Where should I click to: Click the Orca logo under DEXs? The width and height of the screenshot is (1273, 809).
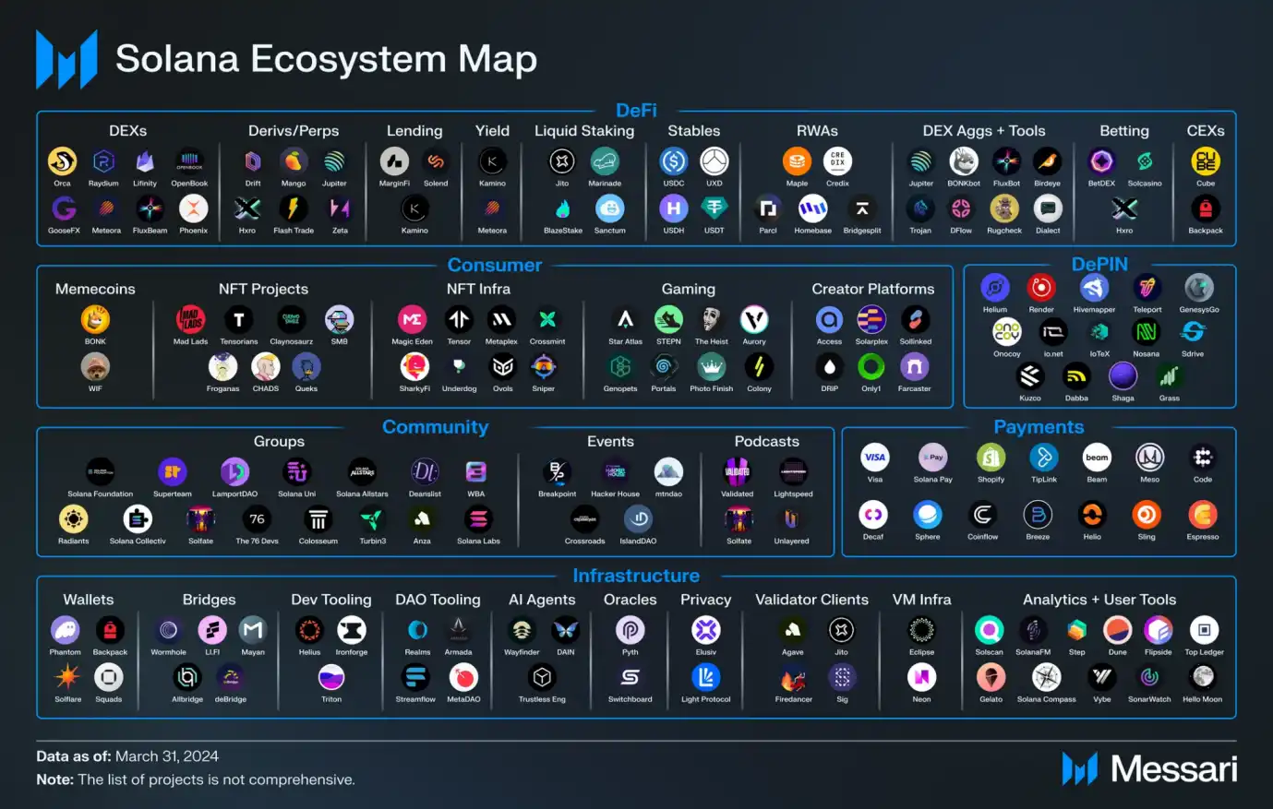coord(62,162)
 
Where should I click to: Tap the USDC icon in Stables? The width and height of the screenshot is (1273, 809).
coord(674,162)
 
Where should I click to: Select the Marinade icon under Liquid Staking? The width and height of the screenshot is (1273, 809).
coord(605,162)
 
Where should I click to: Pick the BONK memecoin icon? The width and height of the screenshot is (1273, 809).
coord(95,320)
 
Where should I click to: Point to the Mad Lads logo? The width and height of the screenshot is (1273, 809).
coord(190,320)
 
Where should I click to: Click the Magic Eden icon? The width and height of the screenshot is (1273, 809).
coord(412,320)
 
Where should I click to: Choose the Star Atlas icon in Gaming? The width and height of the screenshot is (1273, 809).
coord(625,320)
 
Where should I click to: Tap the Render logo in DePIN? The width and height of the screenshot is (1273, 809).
coord(1041,288)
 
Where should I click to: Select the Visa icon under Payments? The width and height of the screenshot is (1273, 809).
coord(874,458)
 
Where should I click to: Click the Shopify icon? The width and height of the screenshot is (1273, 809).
coord(991,458)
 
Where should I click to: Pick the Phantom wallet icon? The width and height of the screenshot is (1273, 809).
coord(65,631)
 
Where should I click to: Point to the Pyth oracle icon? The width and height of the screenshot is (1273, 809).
coord(630,631)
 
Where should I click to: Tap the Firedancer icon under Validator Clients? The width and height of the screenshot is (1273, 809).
coord(793,679)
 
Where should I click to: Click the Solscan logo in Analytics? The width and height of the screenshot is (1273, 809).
coord(989,631)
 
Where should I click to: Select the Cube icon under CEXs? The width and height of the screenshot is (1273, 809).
coord(1206,162)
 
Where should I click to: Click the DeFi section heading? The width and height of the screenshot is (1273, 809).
coord(636,111)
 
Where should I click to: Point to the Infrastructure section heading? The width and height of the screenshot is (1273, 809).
coord(636,576)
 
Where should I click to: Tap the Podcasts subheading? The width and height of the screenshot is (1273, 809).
coord(766,442)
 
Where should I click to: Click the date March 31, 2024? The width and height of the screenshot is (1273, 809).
coord(167,756)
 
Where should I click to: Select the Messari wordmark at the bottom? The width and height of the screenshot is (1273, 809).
coord(1173,769)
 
